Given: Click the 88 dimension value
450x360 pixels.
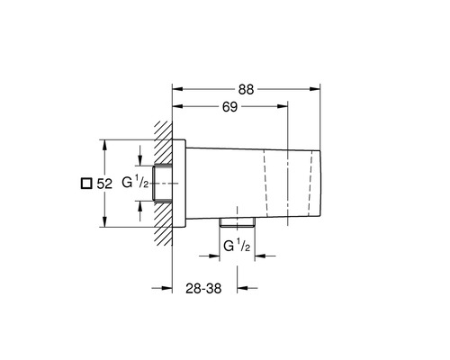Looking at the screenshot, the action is coord(246,89).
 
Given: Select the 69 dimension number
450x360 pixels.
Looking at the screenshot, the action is coord(229,107).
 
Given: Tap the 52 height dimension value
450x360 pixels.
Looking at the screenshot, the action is coord(104,184).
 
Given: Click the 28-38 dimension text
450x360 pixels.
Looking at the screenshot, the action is coord(203,288).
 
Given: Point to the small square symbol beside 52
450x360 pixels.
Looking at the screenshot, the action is coord(86,184).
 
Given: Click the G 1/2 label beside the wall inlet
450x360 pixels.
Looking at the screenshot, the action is coord(135,182).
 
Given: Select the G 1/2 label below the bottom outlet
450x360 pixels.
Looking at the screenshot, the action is coord(237,246).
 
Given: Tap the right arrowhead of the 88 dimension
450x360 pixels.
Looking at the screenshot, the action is coord(315,89).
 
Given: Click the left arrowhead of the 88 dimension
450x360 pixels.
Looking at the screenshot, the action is coord(177,89).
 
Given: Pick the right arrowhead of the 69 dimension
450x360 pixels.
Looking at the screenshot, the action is coord(283,106).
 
